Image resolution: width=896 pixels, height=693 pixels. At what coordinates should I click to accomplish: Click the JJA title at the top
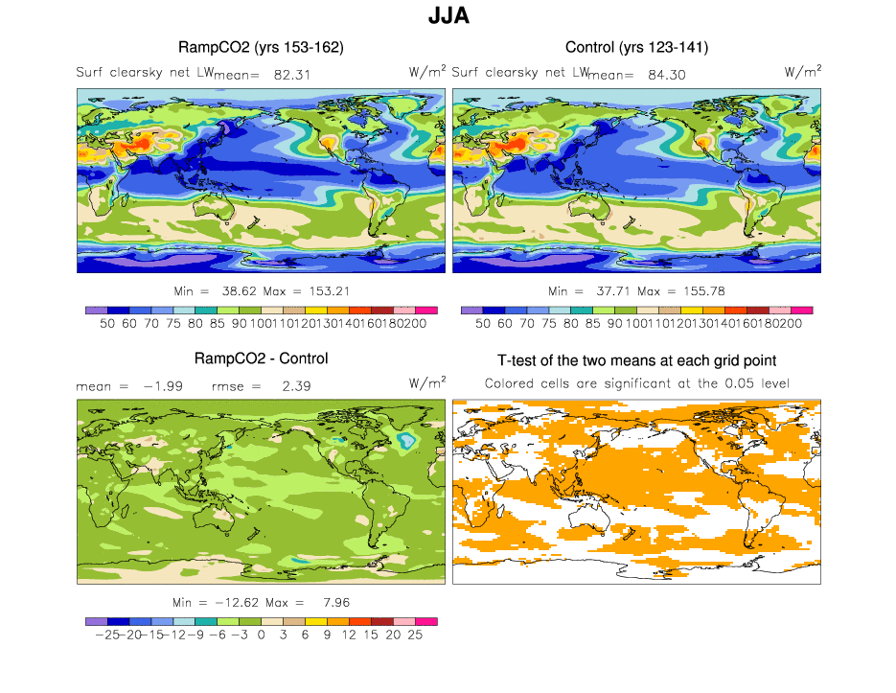coord(448,17)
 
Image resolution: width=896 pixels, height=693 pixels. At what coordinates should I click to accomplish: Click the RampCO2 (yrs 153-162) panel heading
coord(261,47)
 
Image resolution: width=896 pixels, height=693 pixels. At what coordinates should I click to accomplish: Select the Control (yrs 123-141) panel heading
coord(636,47)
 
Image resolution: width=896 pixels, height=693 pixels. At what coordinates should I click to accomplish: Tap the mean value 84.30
coord(667,74)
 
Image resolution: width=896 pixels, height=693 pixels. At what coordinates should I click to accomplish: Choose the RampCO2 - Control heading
coord(261,358)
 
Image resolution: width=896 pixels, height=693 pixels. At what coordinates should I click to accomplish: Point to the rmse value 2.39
coord(292,385)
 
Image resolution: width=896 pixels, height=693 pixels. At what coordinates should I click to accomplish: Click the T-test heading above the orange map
coord(636,360)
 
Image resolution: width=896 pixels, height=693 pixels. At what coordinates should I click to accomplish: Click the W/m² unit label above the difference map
coord(427,382)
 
